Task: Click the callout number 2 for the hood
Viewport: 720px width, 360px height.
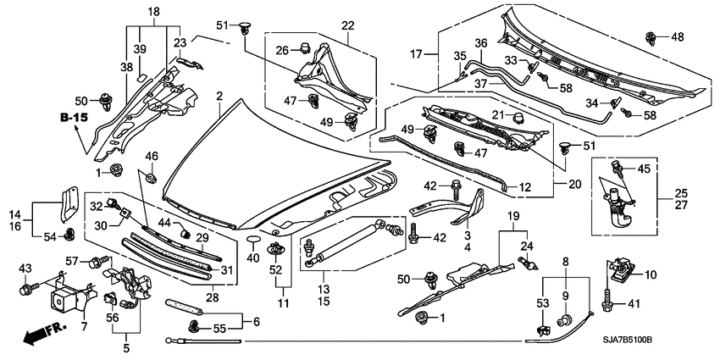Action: click(219, 96)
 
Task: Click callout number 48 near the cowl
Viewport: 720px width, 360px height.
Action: click(677, 37)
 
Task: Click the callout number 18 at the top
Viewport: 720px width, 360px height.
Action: click(153, 11)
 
